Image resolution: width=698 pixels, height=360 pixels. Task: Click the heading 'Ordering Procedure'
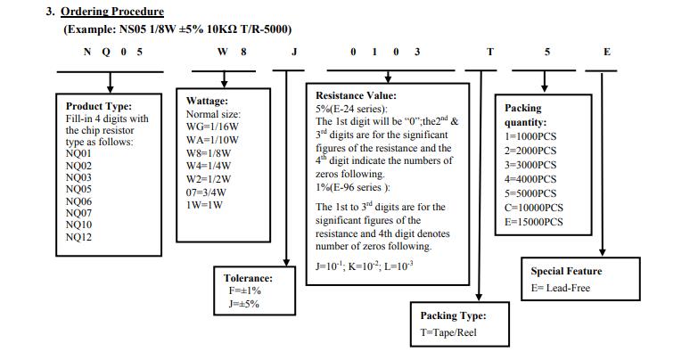pos(111,12)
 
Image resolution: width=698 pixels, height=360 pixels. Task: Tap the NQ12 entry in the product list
pos(78,236)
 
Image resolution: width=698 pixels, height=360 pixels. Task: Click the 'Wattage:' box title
pos(207,102)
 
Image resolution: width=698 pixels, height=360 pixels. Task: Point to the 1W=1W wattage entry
pos(204,204)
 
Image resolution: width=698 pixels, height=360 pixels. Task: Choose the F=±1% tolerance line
pos(242,290)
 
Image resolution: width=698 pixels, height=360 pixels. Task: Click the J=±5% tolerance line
pos(242,304)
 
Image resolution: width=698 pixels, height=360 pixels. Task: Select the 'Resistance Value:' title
pos(357,95)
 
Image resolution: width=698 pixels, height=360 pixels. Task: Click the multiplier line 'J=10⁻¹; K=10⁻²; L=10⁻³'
pos(365,266)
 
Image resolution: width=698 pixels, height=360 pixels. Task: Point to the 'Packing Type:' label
pos(453,315)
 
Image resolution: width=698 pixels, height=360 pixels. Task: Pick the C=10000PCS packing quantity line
pos(533,207)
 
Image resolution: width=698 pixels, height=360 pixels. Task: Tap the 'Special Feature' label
pos(566,271)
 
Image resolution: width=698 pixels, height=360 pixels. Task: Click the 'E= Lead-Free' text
pos(560,288)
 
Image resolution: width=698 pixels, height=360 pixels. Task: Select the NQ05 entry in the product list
pos(78,189)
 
